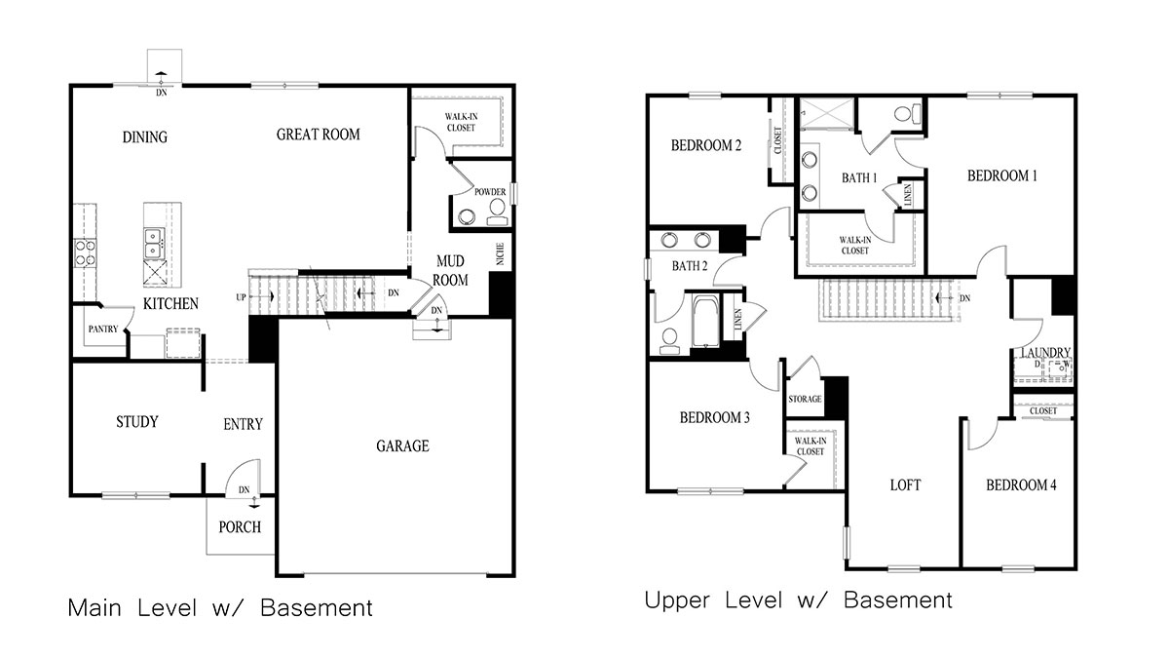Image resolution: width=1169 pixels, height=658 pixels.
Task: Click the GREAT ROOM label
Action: coord(318,135)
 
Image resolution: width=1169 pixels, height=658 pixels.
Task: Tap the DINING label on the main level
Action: coord(144,137)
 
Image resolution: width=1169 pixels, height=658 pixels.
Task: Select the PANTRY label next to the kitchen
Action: coord(102,329)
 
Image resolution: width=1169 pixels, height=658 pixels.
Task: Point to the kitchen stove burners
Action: coord(85,253)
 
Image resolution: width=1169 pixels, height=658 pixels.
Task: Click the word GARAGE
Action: coord(402,446)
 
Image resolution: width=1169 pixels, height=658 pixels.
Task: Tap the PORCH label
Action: coord(239,527)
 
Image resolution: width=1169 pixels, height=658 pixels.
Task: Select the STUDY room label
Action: coord(136,422)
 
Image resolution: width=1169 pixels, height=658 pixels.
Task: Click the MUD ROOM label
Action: coord(450,271)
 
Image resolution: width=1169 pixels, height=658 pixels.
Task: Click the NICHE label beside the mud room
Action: coord(500,254)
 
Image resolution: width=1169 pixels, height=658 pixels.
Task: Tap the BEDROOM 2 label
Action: coord(706,146)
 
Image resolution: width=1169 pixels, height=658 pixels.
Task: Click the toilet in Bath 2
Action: coord(670,338)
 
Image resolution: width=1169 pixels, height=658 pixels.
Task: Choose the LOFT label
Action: coord(905,484)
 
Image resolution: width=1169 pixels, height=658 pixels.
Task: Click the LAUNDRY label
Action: coord(1046,353)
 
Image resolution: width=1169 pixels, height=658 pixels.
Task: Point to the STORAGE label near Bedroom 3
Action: coord(805,399)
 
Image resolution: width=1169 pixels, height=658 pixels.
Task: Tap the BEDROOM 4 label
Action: coord(1020,485)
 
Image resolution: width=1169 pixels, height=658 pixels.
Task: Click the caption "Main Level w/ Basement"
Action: coord(220,608)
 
